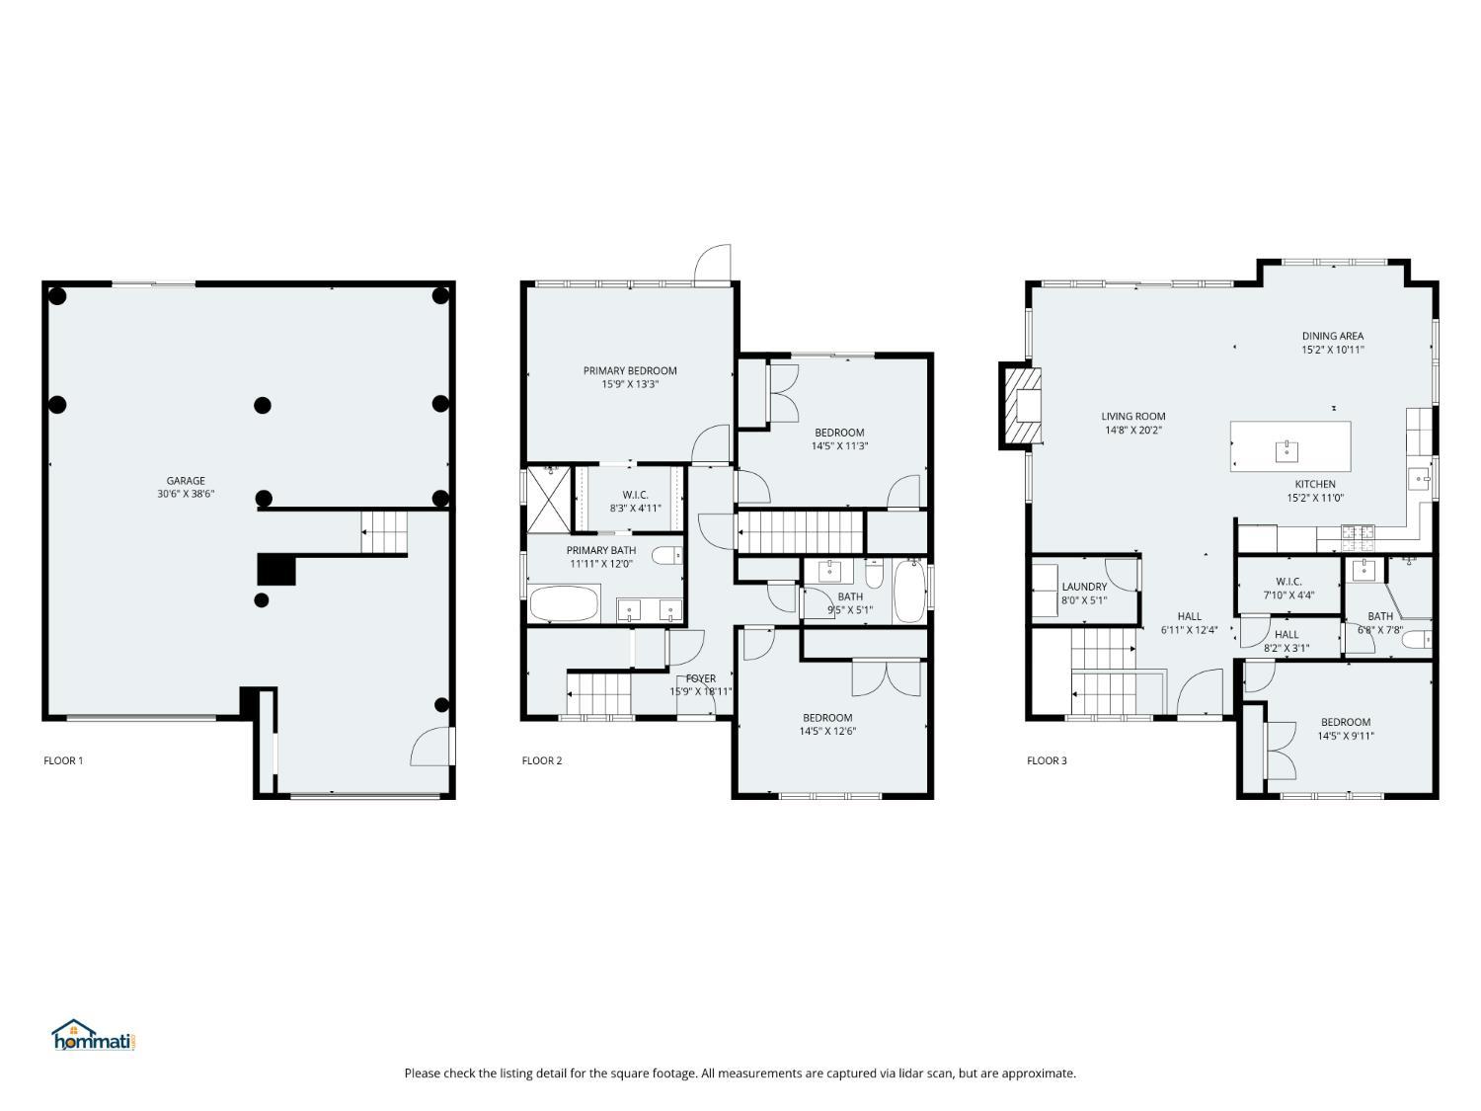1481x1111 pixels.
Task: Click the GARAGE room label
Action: [x=186, y=480]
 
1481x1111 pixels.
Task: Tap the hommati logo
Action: [x=93, y=1035]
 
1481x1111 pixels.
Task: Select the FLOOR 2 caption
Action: [x=542, y=760]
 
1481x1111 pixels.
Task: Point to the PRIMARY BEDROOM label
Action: [x=630, y=370]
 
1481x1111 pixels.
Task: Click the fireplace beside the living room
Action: [x=1021, y=406]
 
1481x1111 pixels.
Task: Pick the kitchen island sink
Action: [x=1286, y=450]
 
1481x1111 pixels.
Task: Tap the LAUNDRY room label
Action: [x=1084, y=587]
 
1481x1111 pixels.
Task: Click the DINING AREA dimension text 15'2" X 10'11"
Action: [x=1333, y=350]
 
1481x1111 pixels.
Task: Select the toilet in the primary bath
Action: [x=666, y=555]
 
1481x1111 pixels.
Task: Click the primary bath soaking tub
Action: [x=565, y=603]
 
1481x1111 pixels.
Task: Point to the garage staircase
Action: [x=384, y=532]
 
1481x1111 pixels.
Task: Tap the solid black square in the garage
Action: [x=276, y=570]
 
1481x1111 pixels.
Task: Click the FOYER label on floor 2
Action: [x=700, y=677]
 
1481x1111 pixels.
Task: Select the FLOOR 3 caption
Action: [x=1047, y=760]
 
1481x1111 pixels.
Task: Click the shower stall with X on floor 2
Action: [x=549, y=499]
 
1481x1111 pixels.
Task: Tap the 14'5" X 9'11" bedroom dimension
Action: [x=1346, y=736]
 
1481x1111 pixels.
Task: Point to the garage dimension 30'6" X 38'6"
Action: [x=186, y=494]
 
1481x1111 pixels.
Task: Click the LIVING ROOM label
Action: [x=1132, y=416]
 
